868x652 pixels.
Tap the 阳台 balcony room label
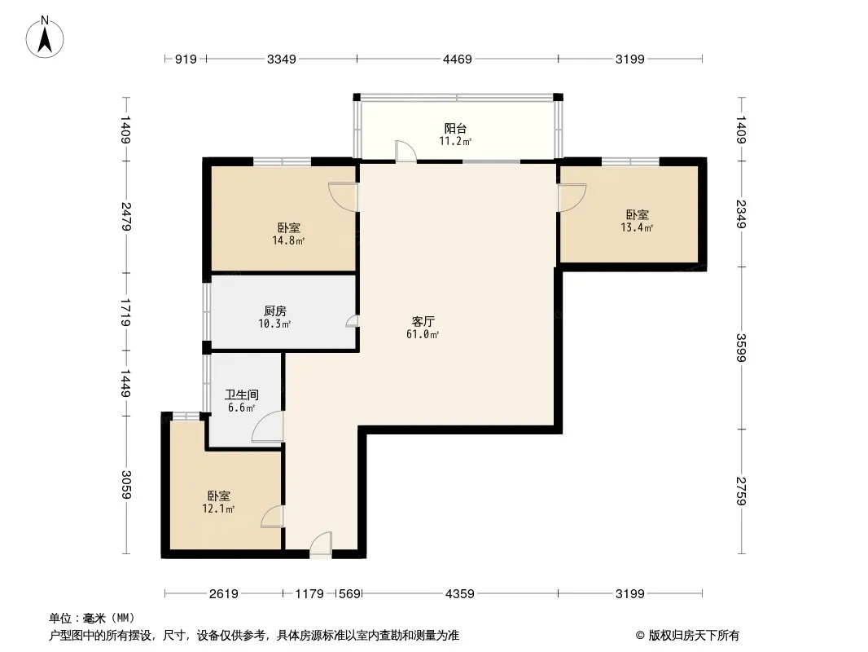point(455,129)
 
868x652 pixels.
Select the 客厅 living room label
point(423,321)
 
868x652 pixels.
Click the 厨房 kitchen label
point(275,311)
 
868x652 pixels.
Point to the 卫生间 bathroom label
point(241,395)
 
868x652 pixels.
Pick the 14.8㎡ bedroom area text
point(288,241)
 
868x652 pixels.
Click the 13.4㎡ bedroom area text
point(637,227)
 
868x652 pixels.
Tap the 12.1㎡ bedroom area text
point(218,509)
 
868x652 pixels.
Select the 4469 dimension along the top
point(458,59)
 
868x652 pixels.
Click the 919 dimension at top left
point(186,59)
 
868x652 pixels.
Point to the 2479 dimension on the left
point(127,217)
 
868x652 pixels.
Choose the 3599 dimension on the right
point(741,347)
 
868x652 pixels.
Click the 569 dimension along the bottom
point(349,594)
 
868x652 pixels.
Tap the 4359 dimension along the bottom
point(459,594)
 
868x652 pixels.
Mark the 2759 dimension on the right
point(741,491)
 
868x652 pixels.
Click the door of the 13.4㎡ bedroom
point(572,198)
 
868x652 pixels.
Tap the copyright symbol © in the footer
point(640,636)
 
